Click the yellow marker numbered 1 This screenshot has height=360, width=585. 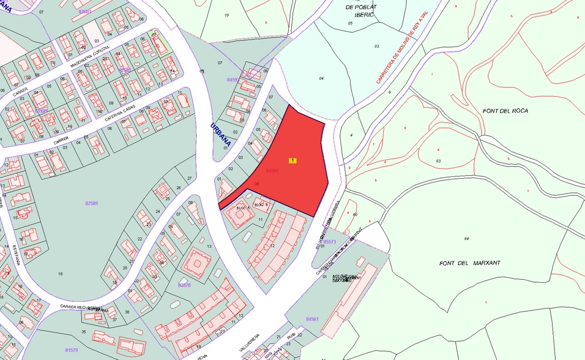click(293, 160)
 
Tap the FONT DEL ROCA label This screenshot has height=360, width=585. click(505, 111)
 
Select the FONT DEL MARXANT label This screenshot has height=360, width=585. click(470, 263)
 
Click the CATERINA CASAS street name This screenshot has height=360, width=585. click(119, 111)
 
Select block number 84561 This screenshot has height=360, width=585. click(312, 319)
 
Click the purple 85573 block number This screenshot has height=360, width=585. click(329, 241)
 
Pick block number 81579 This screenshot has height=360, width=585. click(72, 350)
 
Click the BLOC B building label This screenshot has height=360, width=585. click(261, 204)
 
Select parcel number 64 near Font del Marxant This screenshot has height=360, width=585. click(466, 238)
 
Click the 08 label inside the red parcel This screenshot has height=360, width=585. click(257, 184)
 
